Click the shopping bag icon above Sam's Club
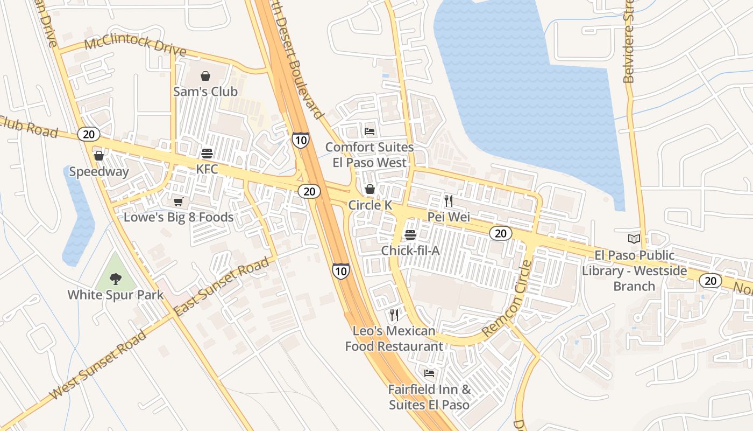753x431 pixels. point(205,76)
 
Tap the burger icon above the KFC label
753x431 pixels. point(207,153)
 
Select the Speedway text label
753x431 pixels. point(99,172)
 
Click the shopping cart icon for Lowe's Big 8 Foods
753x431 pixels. point(178,202)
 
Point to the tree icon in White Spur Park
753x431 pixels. point(115,279)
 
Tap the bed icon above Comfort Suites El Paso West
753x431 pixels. point(370,131)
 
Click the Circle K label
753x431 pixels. point(370,205)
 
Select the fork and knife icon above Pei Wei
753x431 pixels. point(449,201)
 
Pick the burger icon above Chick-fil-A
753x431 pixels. point(410,235)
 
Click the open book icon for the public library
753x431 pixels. point(634,239)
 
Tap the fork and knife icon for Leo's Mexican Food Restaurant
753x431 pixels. point(394,315)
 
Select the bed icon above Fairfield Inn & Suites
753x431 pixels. point(429,373)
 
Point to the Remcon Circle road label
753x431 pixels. point(507,300)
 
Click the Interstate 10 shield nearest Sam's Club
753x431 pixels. point(301,140)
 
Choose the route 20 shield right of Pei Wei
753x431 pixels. point(500,233)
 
